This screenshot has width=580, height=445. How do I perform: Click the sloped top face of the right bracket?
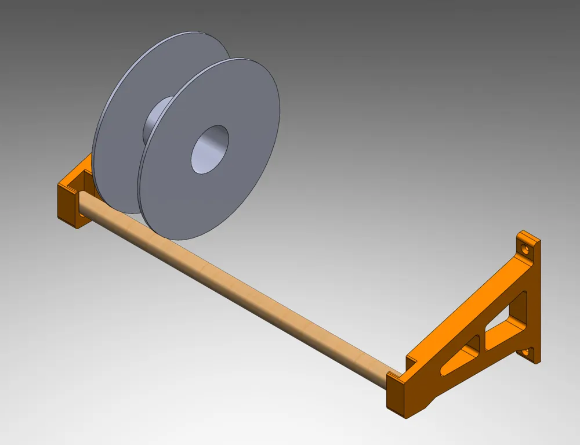464,313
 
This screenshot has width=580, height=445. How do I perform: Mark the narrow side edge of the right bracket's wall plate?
536,302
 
